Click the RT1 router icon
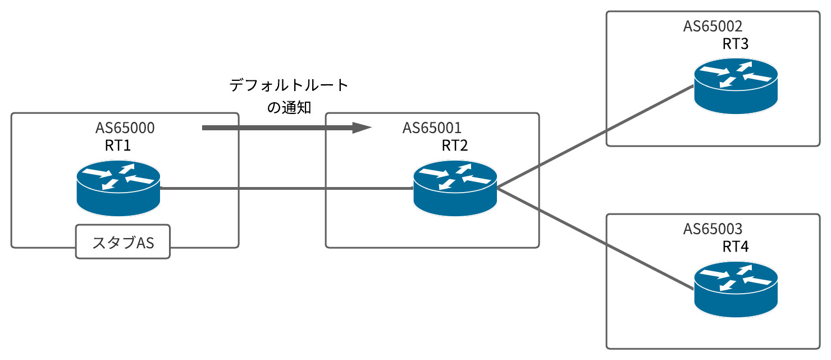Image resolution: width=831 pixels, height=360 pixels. (x=118, y=189)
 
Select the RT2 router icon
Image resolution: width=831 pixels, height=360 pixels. (x=455, y=189)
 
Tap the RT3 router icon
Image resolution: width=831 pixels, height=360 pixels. (x=736, y=86)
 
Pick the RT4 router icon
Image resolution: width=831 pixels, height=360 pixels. (x=736, y=290)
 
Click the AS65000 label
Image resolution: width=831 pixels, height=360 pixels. (x=125, y=128)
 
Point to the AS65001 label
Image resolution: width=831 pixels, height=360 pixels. (x=432, y=128)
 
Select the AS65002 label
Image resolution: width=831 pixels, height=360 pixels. (x=713, y=26)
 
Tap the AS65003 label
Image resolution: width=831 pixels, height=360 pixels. (x=713, y=229)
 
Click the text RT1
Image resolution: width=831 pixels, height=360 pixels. (x=118, y=146)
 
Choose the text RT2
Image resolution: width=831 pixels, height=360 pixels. (x=455, y=146)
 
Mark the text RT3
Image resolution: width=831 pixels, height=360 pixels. (x=736, y=44)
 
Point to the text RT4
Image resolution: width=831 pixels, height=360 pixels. (x=736, y=247)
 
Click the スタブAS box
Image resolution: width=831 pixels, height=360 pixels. (x=123, y=242)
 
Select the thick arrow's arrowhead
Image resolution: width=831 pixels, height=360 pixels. (x=362, y=128)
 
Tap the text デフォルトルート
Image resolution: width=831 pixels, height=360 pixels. (x=289, y=86)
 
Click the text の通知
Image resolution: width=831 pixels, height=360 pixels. (x=289, y=107)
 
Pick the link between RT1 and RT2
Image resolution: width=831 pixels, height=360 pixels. (x=286, y=189)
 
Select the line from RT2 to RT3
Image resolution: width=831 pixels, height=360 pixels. (x=595, y=137)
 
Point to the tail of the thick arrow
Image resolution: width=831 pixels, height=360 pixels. (x=206, y=128)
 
